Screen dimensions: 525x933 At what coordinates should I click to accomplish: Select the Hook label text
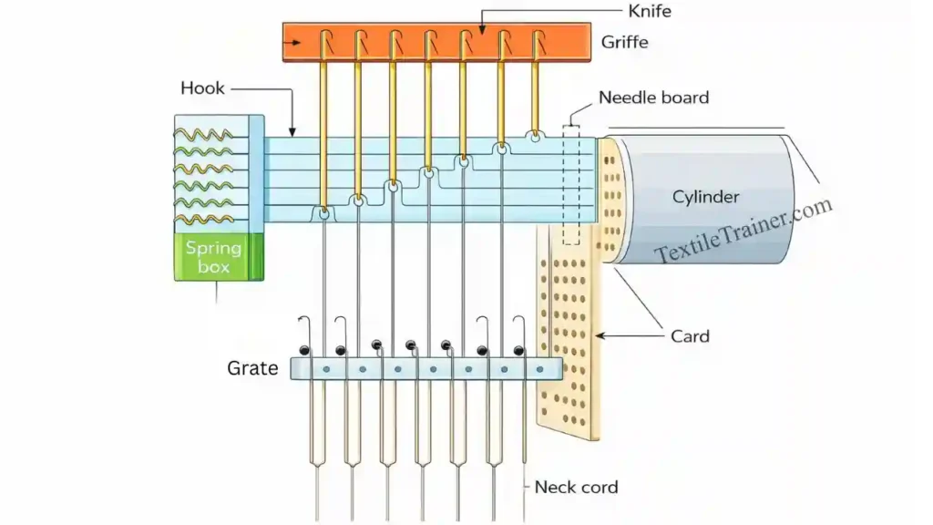[x=202, y=88]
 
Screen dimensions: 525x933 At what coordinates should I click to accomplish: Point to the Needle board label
[x=652, y=98]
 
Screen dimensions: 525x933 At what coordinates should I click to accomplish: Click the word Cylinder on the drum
[x=705, y=197]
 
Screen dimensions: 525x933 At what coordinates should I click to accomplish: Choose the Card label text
[x=690, y=336]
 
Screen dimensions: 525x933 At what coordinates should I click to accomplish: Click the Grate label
[x=252, y=369]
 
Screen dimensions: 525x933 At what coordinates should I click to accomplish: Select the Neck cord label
[x=576, y=487]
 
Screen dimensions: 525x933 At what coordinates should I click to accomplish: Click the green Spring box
[x=219, y=257]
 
